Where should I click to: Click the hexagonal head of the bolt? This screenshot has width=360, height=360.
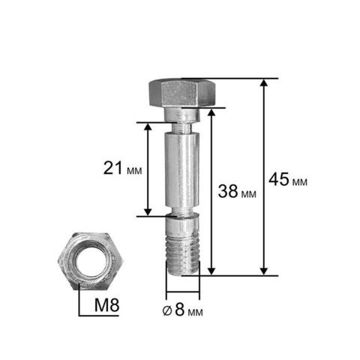click(x=182, y=92)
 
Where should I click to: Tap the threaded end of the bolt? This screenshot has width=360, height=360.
click(x=183, y=256)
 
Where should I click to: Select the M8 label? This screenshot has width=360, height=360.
click(x=107, y=305)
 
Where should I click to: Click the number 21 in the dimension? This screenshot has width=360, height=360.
click(x=113, y=168)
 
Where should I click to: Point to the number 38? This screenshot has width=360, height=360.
click(x=228, y=191)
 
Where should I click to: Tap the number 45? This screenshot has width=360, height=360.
click(x=279, y=179)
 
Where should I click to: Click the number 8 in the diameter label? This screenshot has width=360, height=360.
click(x=180, y=309)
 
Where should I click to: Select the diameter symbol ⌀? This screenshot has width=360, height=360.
click(x=167, y=310)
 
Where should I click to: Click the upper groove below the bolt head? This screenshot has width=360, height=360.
click(x=182, y=127)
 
